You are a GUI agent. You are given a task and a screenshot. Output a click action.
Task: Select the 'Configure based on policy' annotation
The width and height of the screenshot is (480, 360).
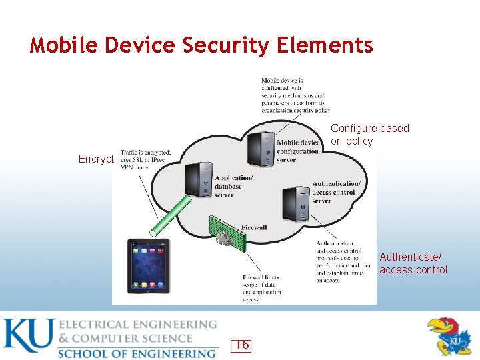370,134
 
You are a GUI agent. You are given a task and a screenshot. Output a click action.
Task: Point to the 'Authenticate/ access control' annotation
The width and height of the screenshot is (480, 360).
413,263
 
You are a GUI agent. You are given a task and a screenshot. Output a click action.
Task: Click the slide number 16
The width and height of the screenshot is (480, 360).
241,345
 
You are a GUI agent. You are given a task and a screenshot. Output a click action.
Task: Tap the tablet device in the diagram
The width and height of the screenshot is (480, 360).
149,266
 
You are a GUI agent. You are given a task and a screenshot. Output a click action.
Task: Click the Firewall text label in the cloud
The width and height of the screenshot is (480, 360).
254,228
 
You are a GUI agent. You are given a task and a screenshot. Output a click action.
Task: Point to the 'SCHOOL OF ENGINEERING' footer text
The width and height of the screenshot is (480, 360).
137,353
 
